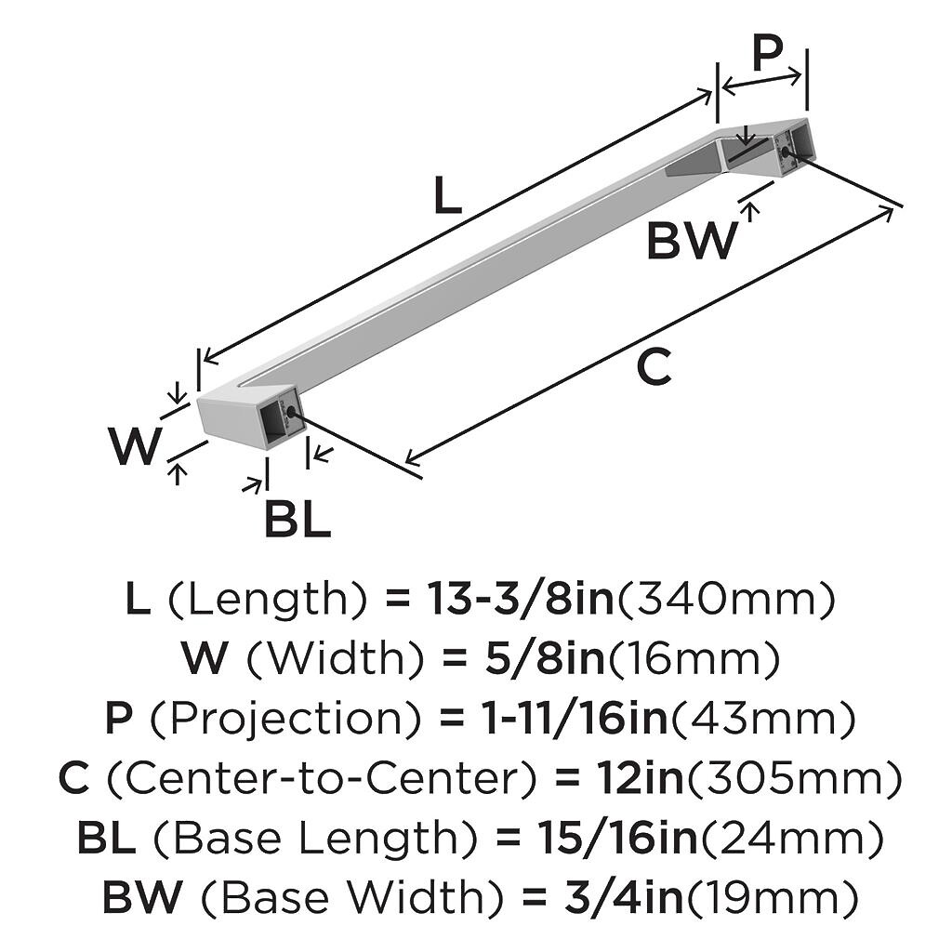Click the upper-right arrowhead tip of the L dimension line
[711, 91]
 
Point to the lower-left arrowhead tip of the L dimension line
[204, 361]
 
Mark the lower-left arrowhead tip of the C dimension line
[405, 461]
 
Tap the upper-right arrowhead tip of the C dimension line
[893, 208]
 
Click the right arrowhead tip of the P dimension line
[802, 74]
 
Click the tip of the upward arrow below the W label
[177, 463]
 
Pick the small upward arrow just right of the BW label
[752, 212]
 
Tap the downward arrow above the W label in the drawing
[177, 393]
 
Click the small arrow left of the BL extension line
[253, 484]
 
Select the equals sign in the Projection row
[451, 718]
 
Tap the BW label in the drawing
[693, 241]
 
